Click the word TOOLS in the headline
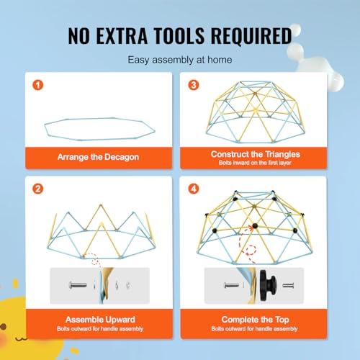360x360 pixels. [179, 35]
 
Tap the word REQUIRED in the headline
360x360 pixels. [251, 36]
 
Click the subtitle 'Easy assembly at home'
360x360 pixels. [180, 60]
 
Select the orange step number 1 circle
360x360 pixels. [38, 85]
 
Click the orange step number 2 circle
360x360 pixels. [38, 189]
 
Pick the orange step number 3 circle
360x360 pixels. [194, 85]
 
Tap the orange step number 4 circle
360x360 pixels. [194, 189]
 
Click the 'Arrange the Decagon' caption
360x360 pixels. [98, 157]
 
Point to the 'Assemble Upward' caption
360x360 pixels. [100, 320]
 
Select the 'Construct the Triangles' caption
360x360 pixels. [256, 154]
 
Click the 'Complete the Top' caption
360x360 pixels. [255, 320]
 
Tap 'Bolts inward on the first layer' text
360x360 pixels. [255, 163]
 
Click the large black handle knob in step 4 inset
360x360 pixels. [268, 285]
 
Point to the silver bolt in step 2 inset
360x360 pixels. [78, 285]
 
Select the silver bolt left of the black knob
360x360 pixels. [231, 285]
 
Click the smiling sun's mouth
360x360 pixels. [21, 339]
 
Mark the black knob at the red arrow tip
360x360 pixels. [255, 226]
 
